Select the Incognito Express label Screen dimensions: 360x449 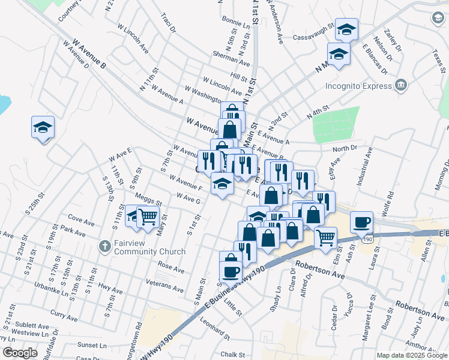click(x=358, y=86)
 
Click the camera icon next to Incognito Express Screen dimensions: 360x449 click(x=401, y=86)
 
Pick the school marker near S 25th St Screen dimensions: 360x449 click(x=43, y=127)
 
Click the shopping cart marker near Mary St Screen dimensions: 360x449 click(x=147, y=217)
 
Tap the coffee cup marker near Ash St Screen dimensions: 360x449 click(x=361, y=222)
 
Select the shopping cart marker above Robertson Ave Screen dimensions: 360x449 click(x=325, y=236)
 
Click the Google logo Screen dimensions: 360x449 click(x=20, y=353)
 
